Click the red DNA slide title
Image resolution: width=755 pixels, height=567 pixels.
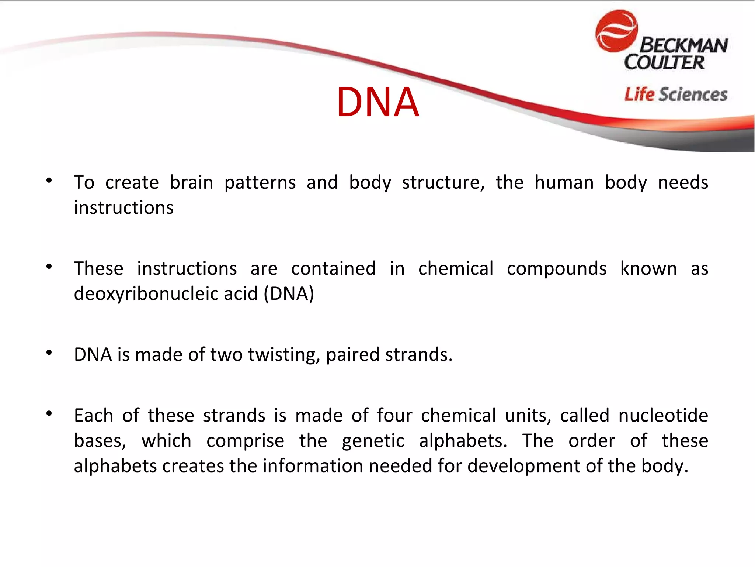pos(377,102)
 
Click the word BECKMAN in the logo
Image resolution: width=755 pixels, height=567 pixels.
pos(684,45)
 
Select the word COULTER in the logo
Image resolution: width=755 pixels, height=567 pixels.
pos(664,62)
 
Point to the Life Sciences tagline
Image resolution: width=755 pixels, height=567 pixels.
pos(676,94)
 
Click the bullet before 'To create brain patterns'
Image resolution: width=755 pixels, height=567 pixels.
pos(49,181)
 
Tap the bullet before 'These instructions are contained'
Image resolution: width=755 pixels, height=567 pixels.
pos(49,267)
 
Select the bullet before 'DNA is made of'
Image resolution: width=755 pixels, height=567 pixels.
pos(49,353)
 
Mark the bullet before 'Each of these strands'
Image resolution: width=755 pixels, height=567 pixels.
pos(49,414)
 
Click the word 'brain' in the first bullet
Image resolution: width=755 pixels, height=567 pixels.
pos(191,182)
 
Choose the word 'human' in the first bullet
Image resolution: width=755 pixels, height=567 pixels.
pos(564,182)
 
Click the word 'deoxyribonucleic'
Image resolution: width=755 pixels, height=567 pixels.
pos(166,294)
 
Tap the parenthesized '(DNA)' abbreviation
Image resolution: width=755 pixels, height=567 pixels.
pos(289,294)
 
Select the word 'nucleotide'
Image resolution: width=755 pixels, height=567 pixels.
pos(663,416)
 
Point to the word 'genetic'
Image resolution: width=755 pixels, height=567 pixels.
pos(373,441)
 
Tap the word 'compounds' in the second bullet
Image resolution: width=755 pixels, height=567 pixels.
pos(556,269)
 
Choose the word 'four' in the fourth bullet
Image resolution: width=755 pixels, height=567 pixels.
pos(394,416)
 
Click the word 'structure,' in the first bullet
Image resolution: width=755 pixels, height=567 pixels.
pos(443,182)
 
